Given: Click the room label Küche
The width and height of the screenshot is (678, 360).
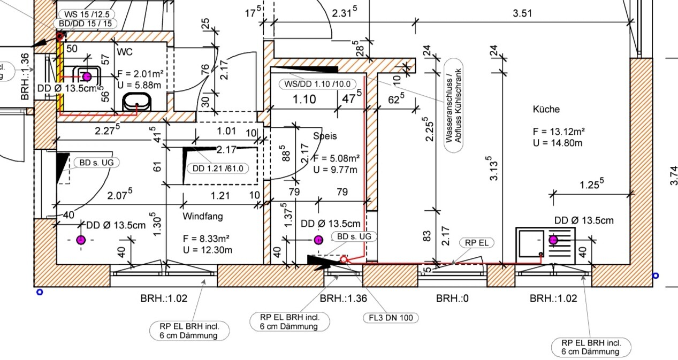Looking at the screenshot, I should pyautogui.click(x=546, y=109).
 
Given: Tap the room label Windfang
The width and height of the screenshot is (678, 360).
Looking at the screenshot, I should pyautogui.click(x=203, y=217).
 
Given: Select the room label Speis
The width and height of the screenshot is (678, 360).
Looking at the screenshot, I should pyautogui.click(x=325, y=136).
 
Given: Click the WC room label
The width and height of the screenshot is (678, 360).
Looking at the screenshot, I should pyautogui.click(x=124, y=52).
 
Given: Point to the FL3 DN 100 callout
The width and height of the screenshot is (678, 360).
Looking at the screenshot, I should pyautogui.click(x=391, y=318).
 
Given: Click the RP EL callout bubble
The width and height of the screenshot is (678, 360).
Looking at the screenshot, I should pyautogui.click(x=477, y=242).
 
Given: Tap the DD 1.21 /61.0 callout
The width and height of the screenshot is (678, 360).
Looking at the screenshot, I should pyautogui.click(x=217, y=168).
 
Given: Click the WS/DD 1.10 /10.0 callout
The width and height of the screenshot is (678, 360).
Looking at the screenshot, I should pyautogui.click(x=317, y=84).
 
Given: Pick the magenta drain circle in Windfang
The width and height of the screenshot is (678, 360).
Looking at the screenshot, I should pyautogui.click(x=81, y=240).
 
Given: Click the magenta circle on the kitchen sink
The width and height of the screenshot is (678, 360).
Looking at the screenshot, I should pyautogui.click(x=553, y=240).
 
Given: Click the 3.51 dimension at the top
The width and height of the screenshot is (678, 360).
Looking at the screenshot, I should pyautogui.click(x=522, y=14).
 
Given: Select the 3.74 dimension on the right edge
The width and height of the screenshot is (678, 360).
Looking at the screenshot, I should pyautogui.click(x=673, y=176).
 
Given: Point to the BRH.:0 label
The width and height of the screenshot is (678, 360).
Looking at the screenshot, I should pyautogui.click(x=452, y=298).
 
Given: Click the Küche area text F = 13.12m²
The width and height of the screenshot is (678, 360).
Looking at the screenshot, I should pyautogui.click(x=558, y=132).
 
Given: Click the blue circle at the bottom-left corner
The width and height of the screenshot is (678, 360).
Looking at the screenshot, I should pyautogui.click(x=39, y=292).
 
